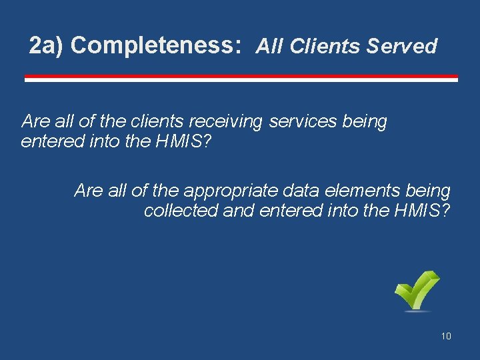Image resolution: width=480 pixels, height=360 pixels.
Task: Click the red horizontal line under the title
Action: [x=241, y=78]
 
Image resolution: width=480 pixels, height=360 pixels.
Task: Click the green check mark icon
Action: [x=417, y=291]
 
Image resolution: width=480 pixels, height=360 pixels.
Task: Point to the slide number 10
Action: [x=446, y=336]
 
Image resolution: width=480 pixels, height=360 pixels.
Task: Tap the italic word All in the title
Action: [x=271, y=46]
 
